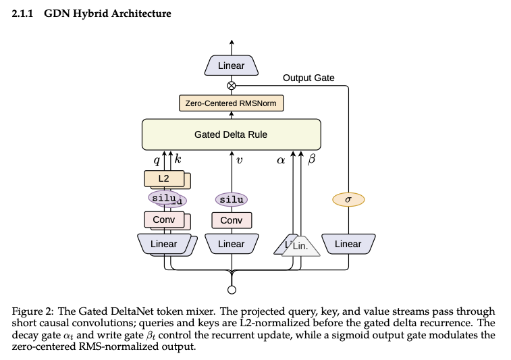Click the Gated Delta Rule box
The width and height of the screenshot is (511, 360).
tap(232, 134)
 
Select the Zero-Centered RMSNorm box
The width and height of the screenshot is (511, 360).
tap(232, 103)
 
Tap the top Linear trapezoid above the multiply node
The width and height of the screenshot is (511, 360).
tap(232, 66)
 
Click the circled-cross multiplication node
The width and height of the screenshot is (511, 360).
tap(232, 85)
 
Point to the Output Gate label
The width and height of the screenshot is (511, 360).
tap(308, 78)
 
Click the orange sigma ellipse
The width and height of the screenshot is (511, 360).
tap(348, 199)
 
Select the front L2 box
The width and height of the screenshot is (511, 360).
tap(164, 178)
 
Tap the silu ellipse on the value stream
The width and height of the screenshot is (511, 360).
tap(232, 199)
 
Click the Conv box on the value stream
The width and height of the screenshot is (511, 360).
tap(232, 220)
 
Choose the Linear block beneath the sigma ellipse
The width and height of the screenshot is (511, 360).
tap(348, 244)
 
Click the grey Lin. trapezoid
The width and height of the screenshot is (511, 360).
tap(301, 247)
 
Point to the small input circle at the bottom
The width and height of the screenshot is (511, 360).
tap(232, 290)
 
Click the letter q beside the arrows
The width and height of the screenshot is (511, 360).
tap(157, 160)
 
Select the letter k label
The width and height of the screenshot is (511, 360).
tap(178, 159)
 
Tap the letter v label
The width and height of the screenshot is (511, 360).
tap(239, 160)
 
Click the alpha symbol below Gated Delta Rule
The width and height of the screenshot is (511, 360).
tap(281, 160)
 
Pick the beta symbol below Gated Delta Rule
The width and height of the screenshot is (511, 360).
tap(312, 159)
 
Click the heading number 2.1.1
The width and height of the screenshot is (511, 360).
tap(22, 14)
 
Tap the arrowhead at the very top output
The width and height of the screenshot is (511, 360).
tap(232, 42)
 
